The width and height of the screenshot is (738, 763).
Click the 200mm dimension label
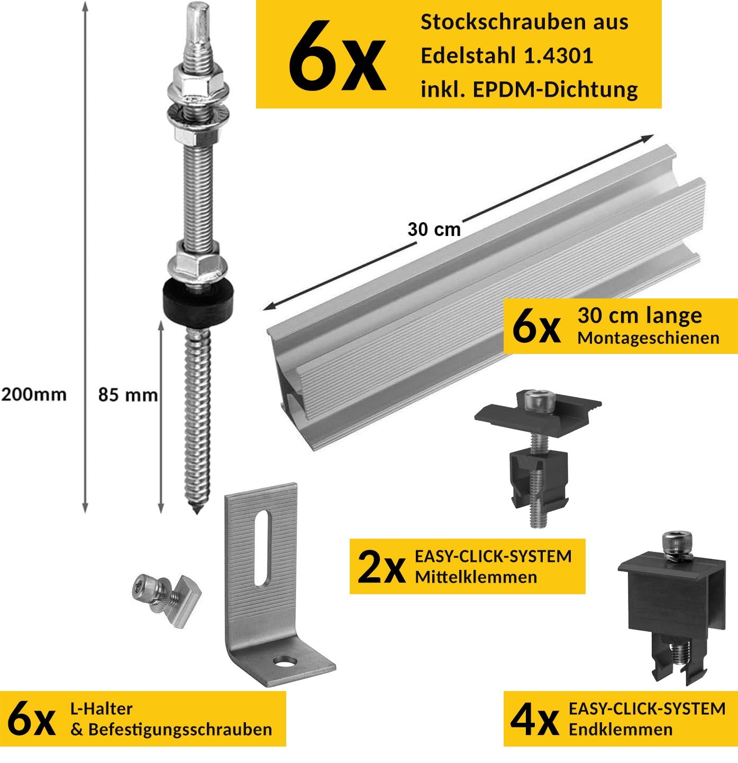[34, 394]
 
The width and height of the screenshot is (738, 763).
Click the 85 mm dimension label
[128, 395]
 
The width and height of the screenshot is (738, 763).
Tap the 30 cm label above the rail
[434, 229]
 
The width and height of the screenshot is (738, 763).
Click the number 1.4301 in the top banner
[559, 56]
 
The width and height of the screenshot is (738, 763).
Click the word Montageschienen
[649, 338]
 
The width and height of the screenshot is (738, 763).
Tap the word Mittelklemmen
[476, 577]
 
